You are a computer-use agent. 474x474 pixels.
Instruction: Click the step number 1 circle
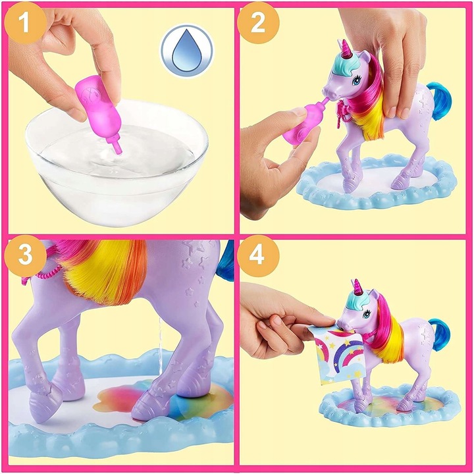pyautogui.click(x=24, y=24)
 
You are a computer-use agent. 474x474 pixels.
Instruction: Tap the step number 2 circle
pyautogui.click(x=258, y=24)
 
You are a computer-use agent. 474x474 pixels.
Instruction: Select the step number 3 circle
pyautogui.click(x=24, y=258)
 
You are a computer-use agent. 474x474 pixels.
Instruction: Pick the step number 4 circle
pyautogui.click(x=258, y=258)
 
